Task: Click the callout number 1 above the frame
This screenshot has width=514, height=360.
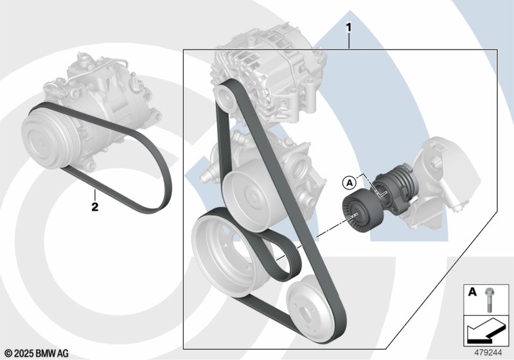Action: click(x=349, y=28)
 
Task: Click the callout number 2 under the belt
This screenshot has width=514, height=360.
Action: click(x=94, y=207)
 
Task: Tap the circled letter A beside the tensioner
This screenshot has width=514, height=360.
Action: click(x=350, y=183)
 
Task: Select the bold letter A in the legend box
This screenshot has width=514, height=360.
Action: click(x=472, y=291)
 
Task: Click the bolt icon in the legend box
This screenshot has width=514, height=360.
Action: click(x=488, y=300)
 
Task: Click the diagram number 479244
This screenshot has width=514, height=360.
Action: click(x=488, y=353)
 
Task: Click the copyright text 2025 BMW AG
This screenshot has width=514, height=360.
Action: click(x=37, y=354)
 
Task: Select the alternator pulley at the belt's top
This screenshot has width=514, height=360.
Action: click(x=226, y=96)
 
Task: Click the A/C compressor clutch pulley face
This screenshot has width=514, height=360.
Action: click(x=42, y=138)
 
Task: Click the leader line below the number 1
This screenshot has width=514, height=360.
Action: click(x=349, y=41)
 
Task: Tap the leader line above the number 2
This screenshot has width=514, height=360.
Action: click(x=94, y=195)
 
